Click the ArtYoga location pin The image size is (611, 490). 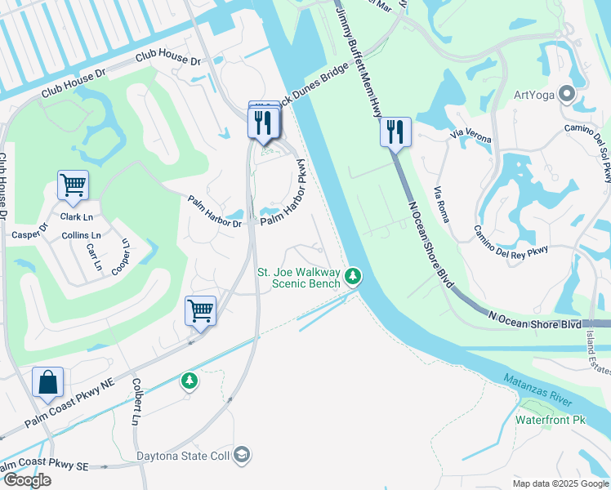tap(566, 94)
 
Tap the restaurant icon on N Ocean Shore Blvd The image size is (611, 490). tap(395, 132)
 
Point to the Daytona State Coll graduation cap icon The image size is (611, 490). tap(241, 454)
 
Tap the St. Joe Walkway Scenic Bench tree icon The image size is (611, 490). tap(353, 276)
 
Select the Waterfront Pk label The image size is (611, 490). tap(551, 420)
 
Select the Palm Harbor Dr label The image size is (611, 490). tap(215, 212)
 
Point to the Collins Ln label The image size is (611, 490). tap(81, 235)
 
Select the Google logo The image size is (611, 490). tap(26, 480)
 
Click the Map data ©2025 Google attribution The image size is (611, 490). tap(560, 483)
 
